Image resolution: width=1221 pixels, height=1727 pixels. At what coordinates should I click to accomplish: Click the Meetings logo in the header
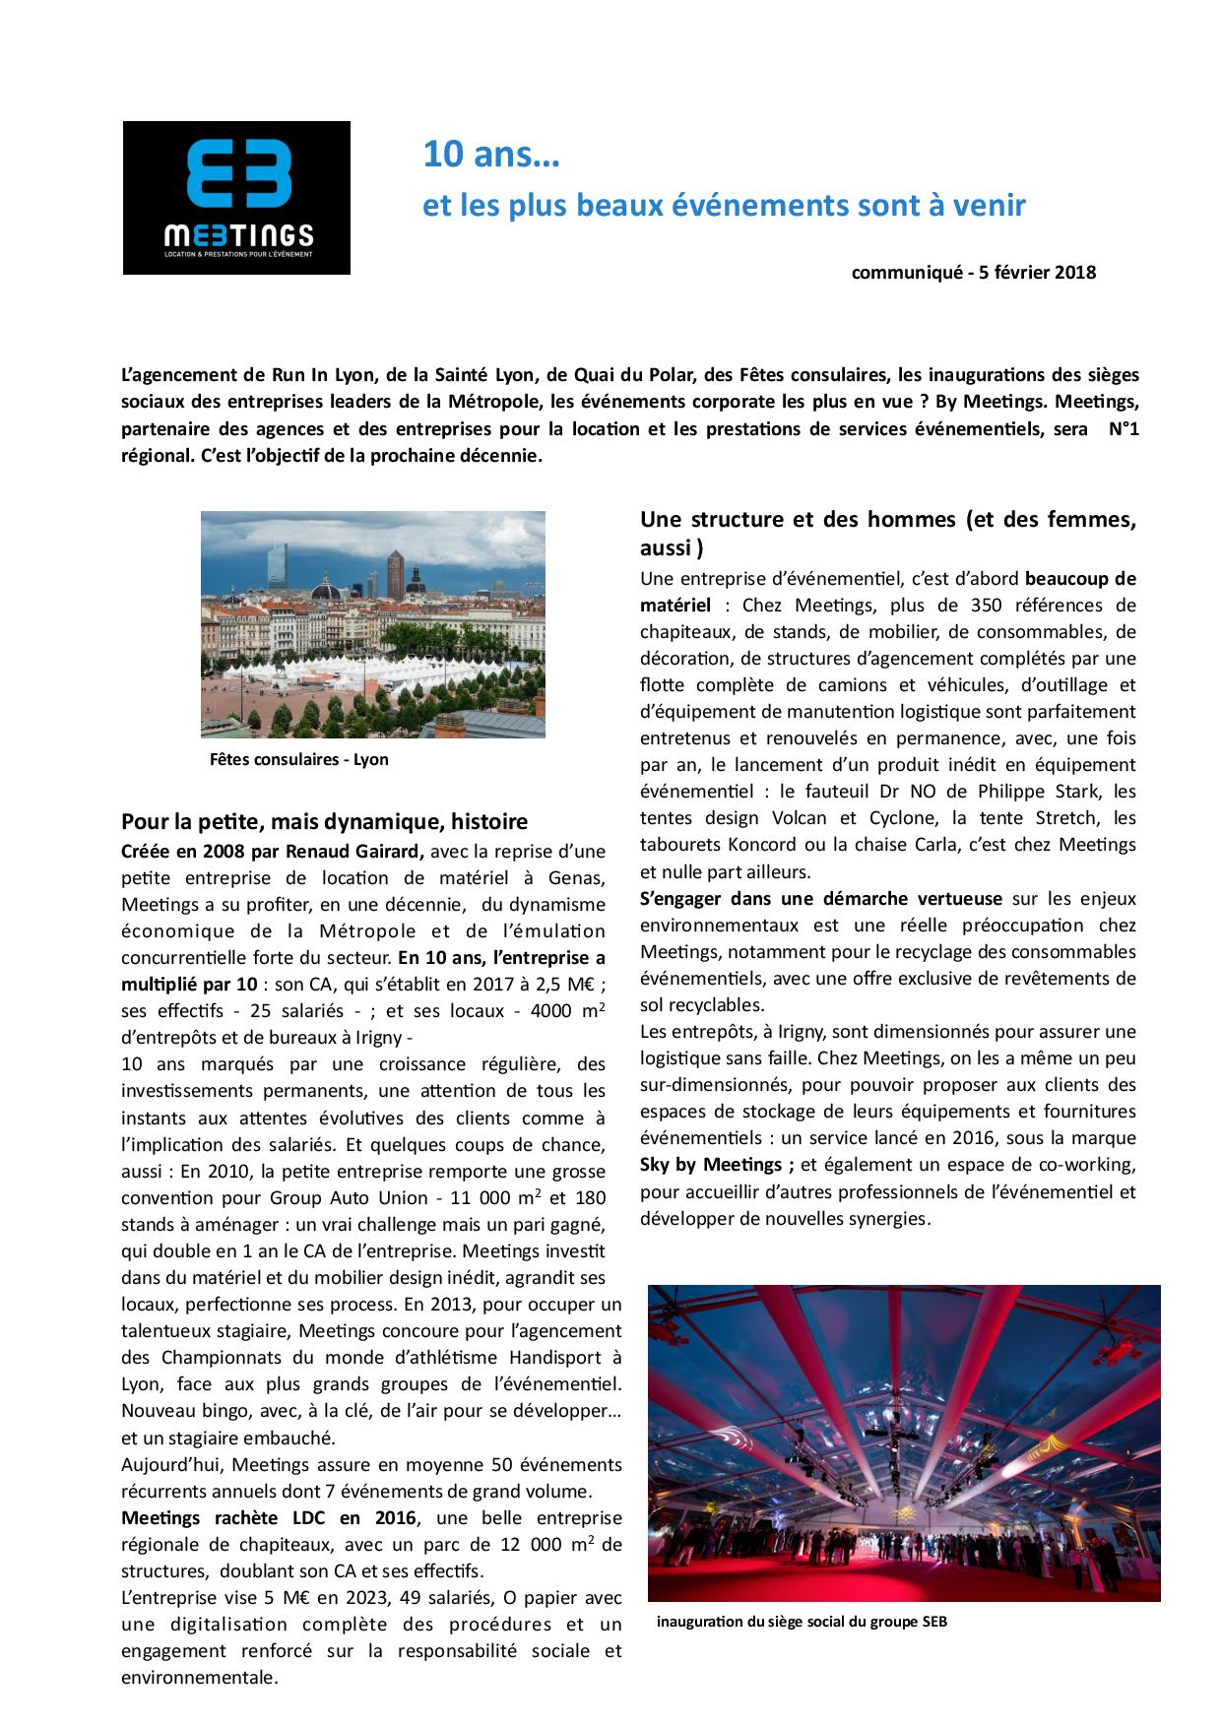236,197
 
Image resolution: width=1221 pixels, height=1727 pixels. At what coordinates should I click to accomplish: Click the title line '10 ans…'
490,155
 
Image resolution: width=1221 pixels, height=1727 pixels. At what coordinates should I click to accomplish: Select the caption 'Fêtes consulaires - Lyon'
298,759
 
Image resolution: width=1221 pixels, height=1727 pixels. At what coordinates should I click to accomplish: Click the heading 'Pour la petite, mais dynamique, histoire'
324,821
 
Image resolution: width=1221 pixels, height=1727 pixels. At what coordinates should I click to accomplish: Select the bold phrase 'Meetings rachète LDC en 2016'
269,1517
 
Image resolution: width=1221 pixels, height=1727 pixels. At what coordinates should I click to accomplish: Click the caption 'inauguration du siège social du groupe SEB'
802,1622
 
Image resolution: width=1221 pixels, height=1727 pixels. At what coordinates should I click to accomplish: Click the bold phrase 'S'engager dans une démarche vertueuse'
820,898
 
